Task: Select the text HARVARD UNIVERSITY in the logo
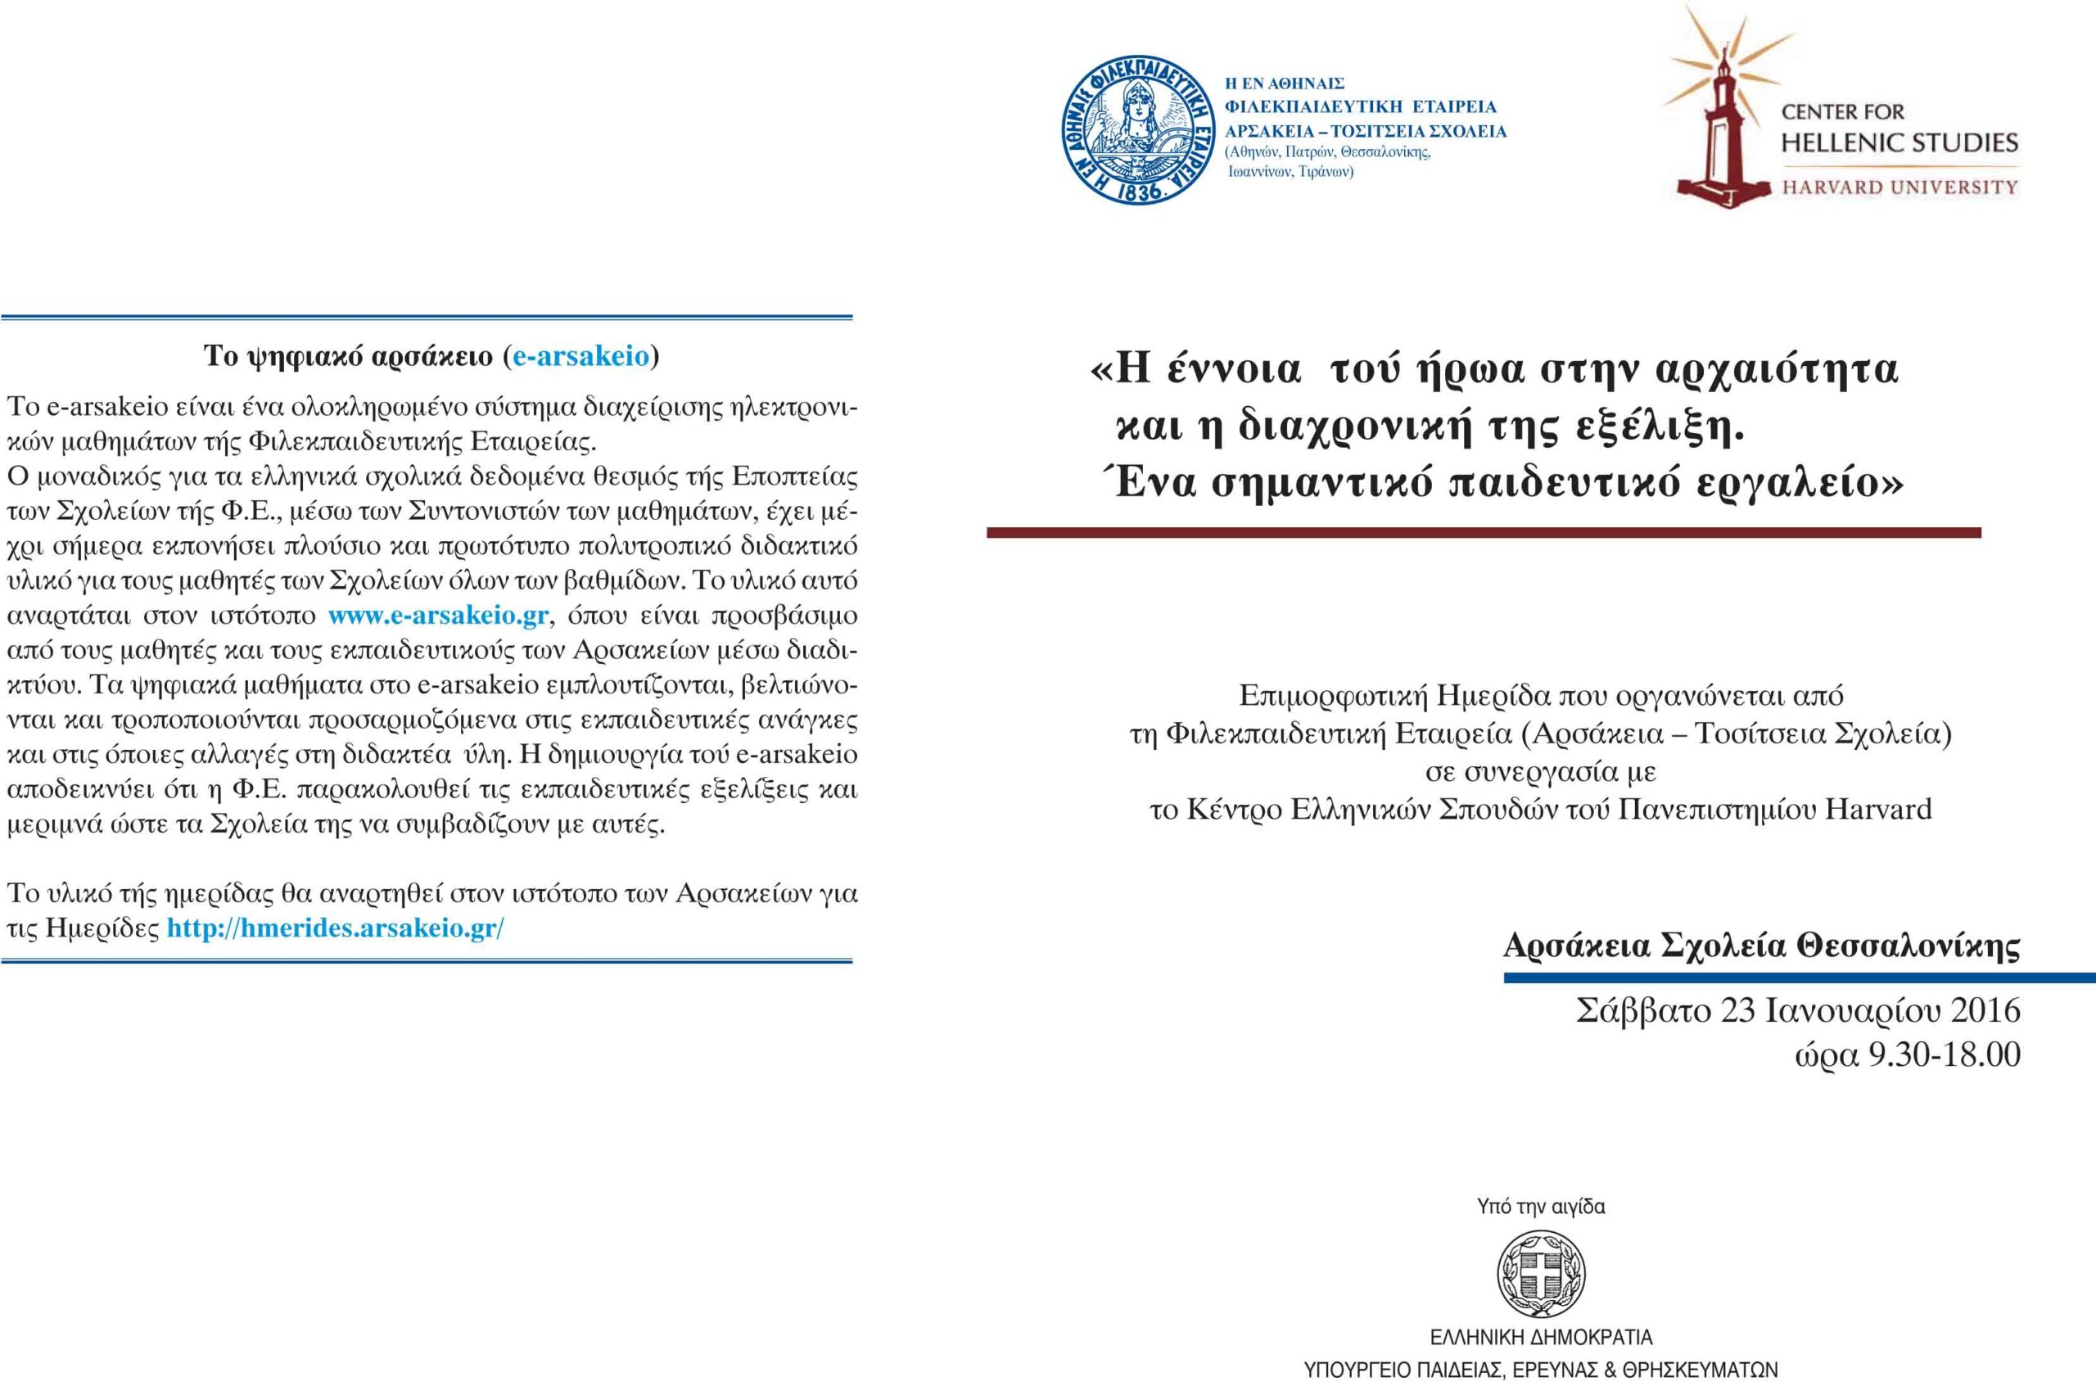coord(1899,187)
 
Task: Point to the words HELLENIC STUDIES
coord(1899,142)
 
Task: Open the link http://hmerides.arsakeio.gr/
coord(335,928)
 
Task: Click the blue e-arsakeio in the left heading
coord(580,356)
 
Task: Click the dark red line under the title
coord(1484,533)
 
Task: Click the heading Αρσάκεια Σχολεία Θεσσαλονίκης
coord(1761,946)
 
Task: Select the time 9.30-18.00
coord(1943,1054)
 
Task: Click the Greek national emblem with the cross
coord(1541,1275)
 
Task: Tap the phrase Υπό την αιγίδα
coord(1541,1207)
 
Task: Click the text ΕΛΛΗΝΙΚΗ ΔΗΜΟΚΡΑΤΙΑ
coord(1541,1337)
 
